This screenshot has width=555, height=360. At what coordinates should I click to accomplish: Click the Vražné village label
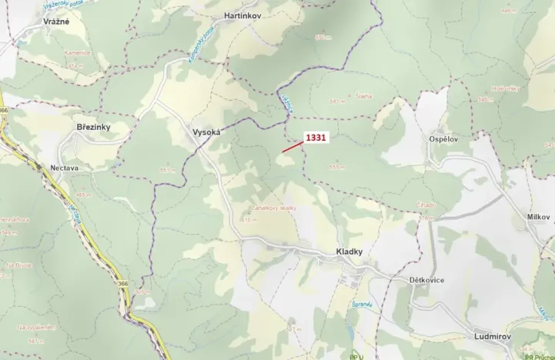(56, 22)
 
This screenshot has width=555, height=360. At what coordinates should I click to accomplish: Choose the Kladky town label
(349, 252)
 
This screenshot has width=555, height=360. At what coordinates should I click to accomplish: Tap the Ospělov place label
(444, 138)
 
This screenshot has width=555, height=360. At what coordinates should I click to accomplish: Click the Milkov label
(539, 217)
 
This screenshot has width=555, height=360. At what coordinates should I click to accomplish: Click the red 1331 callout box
(316, 138)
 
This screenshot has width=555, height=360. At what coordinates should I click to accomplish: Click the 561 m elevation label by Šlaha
(335, 101)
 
